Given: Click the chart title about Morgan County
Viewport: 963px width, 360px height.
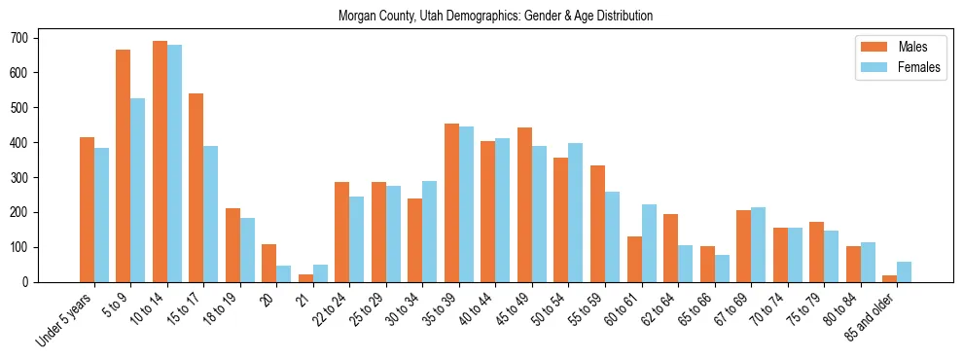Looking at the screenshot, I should click(495, 16).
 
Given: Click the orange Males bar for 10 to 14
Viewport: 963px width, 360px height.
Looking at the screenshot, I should click(160, 162).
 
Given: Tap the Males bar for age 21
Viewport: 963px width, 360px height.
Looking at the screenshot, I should click(305, 278).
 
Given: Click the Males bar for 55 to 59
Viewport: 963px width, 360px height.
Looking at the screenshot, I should click(597, 224).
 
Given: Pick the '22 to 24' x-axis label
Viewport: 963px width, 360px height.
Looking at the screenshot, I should click(328, 309).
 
